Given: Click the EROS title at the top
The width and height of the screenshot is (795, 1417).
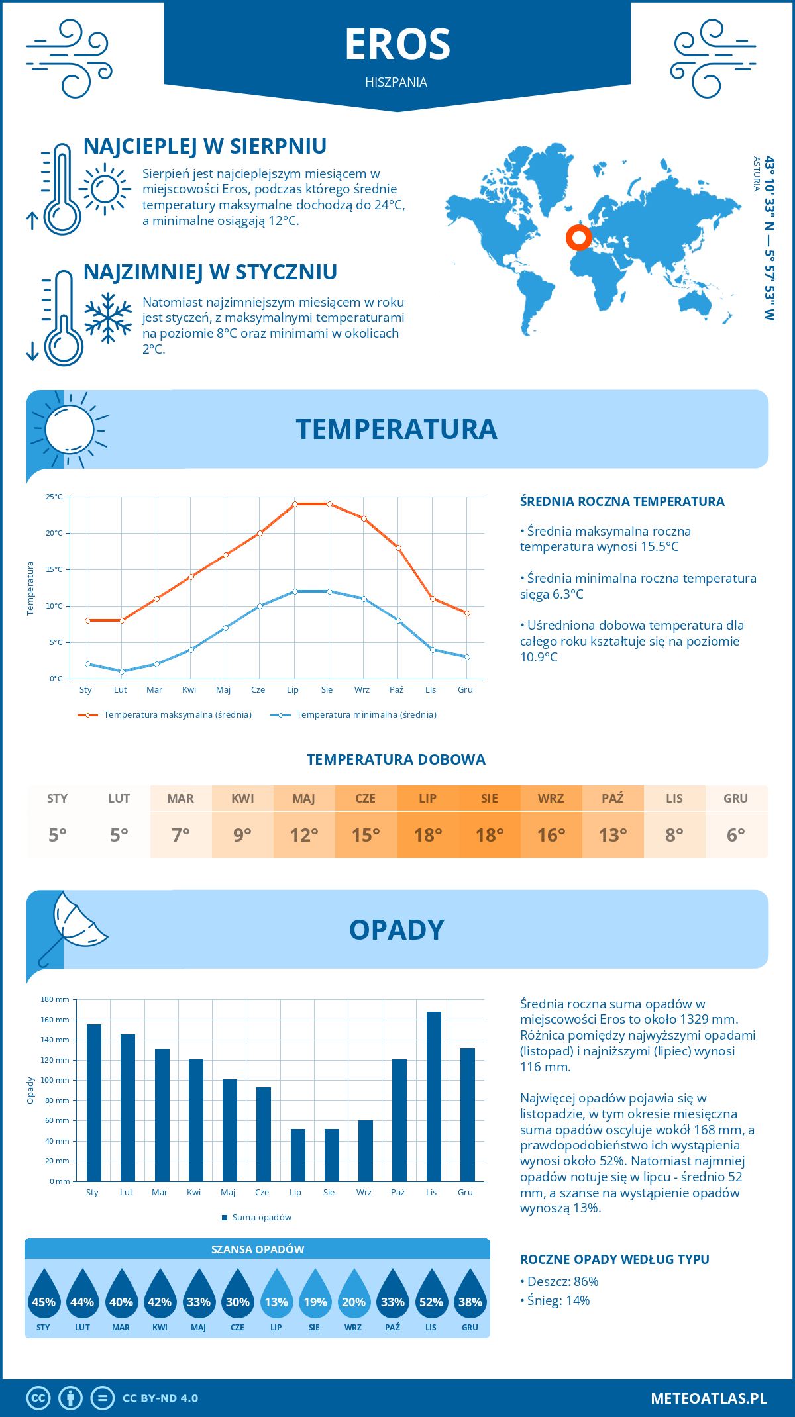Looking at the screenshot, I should (x=397, y=44).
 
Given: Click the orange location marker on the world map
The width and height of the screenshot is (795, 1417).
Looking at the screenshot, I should (x=578, y=237).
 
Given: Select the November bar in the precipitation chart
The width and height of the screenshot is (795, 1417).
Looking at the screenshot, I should (x=434, y=1096).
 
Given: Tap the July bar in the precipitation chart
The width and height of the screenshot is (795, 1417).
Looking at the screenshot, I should (x=298, y=1155).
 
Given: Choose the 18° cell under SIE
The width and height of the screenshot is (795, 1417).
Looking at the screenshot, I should (x=490, y=835).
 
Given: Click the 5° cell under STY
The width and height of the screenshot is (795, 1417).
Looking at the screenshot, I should (x=58, y=835).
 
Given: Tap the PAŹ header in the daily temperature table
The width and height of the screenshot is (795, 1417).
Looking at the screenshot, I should (x=613, y=799).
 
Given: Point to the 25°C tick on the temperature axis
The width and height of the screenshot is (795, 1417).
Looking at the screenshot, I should (x=54, y=497).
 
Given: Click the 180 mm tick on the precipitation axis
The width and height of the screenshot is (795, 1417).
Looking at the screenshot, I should (x=56, y=999).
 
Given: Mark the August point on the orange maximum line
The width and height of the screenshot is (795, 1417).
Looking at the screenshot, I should (x=329, y=504).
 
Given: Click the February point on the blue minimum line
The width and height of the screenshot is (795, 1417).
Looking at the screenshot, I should (x=122, y=671).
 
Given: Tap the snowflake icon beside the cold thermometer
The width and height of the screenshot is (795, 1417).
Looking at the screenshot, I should (x=108, y=318).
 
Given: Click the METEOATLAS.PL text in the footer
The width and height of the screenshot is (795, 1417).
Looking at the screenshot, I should (x=709, y=1398).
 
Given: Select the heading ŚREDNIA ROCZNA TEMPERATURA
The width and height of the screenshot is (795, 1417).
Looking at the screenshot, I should (x=622, y=501).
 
